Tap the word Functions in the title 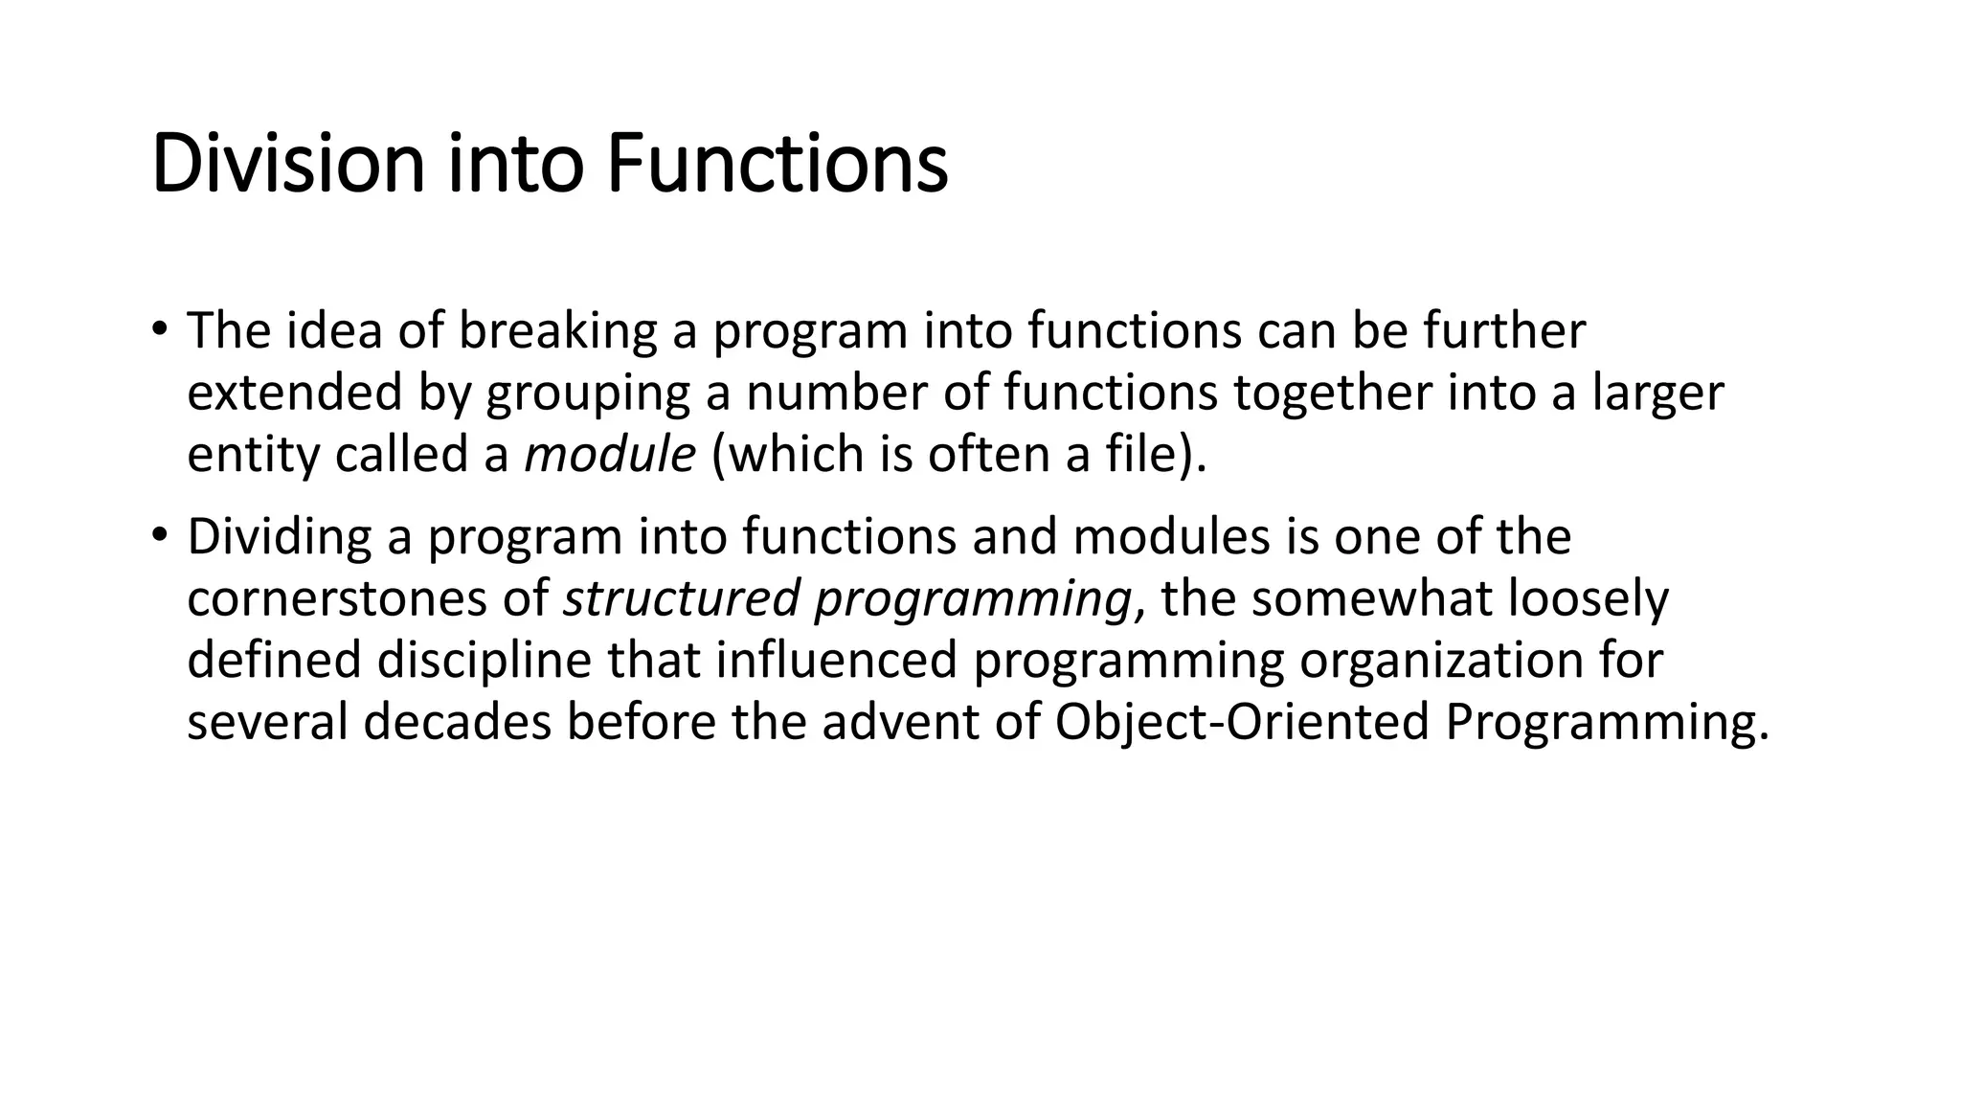(x=777, y=165)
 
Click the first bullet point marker (x=159, y=329)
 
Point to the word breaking (x=557, y=330)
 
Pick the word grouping (x=588, y=394)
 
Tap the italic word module (x=610, y=454)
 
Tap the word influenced (x=836, y=661)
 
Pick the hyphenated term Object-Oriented (x=1242, y=723)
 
